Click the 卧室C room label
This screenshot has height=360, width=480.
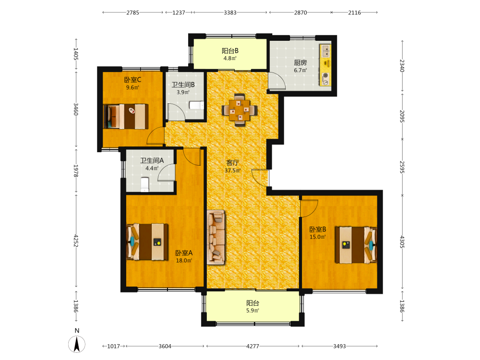coord(132,80)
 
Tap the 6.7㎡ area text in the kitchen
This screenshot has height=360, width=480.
coord(300,71)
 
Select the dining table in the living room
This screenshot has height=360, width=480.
coord(240,110)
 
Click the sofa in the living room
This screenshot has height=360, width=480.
coord(216,237)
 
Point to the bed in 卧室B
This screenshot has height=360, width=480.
coord(356,245)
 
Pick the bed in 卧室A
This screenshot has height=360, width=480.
coord(147,242)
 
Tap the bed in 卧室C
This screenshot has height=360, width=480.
coord(126,116)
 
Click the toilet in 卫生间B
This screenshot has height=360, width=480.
coord(196,105)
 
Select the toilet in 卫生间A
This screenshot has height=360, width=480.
coord(145,184)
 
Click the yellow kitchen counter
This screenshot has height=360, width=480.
coord(325,65)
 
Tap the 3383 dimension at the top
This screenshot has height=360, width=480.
coord(230,12)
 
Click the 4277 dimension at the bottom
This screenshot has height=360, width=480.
coord(252,346)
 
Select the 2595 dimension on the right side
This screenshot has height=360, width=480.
coord(402,167)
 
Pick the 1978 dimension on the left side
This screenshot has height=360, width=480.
coord(76,171)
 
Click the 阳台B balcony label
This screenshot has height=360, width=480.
coord(230,51)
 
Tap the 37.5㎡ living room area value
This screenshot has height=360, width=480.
coord(233,170)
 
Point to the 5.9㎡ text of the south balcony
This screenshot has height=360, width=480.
coord(253,311)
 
